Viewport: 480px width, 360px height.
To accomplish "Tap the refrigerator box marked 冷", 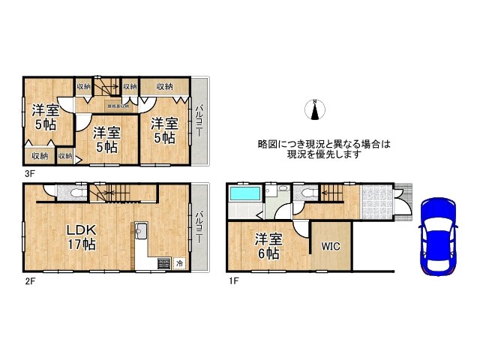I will coord(179,262).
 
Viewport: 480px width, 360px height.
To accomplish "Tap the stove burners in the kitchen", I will coord(162,262).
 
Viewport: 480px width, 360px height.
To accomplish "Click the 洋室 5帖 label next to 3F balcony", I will coord(163,130).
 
